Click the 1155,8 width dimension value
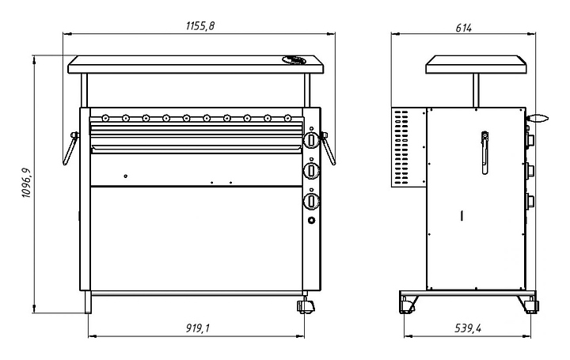coord(198,25)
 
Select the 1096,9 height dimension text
coord(27,183)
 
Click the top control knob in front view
coord(312,140)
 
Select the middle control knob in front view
coord(312,170)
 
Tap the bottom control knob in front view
coord(312,200)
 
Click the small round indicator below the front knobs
coord(312,219)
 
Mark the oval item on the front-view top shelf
coord(295,59)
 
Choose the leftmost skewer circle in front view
coord(105,119)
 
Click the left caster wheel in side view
coord(407,305)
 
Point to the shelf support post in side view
coord(477,89)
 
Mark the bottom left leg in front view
coord(89,304)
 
